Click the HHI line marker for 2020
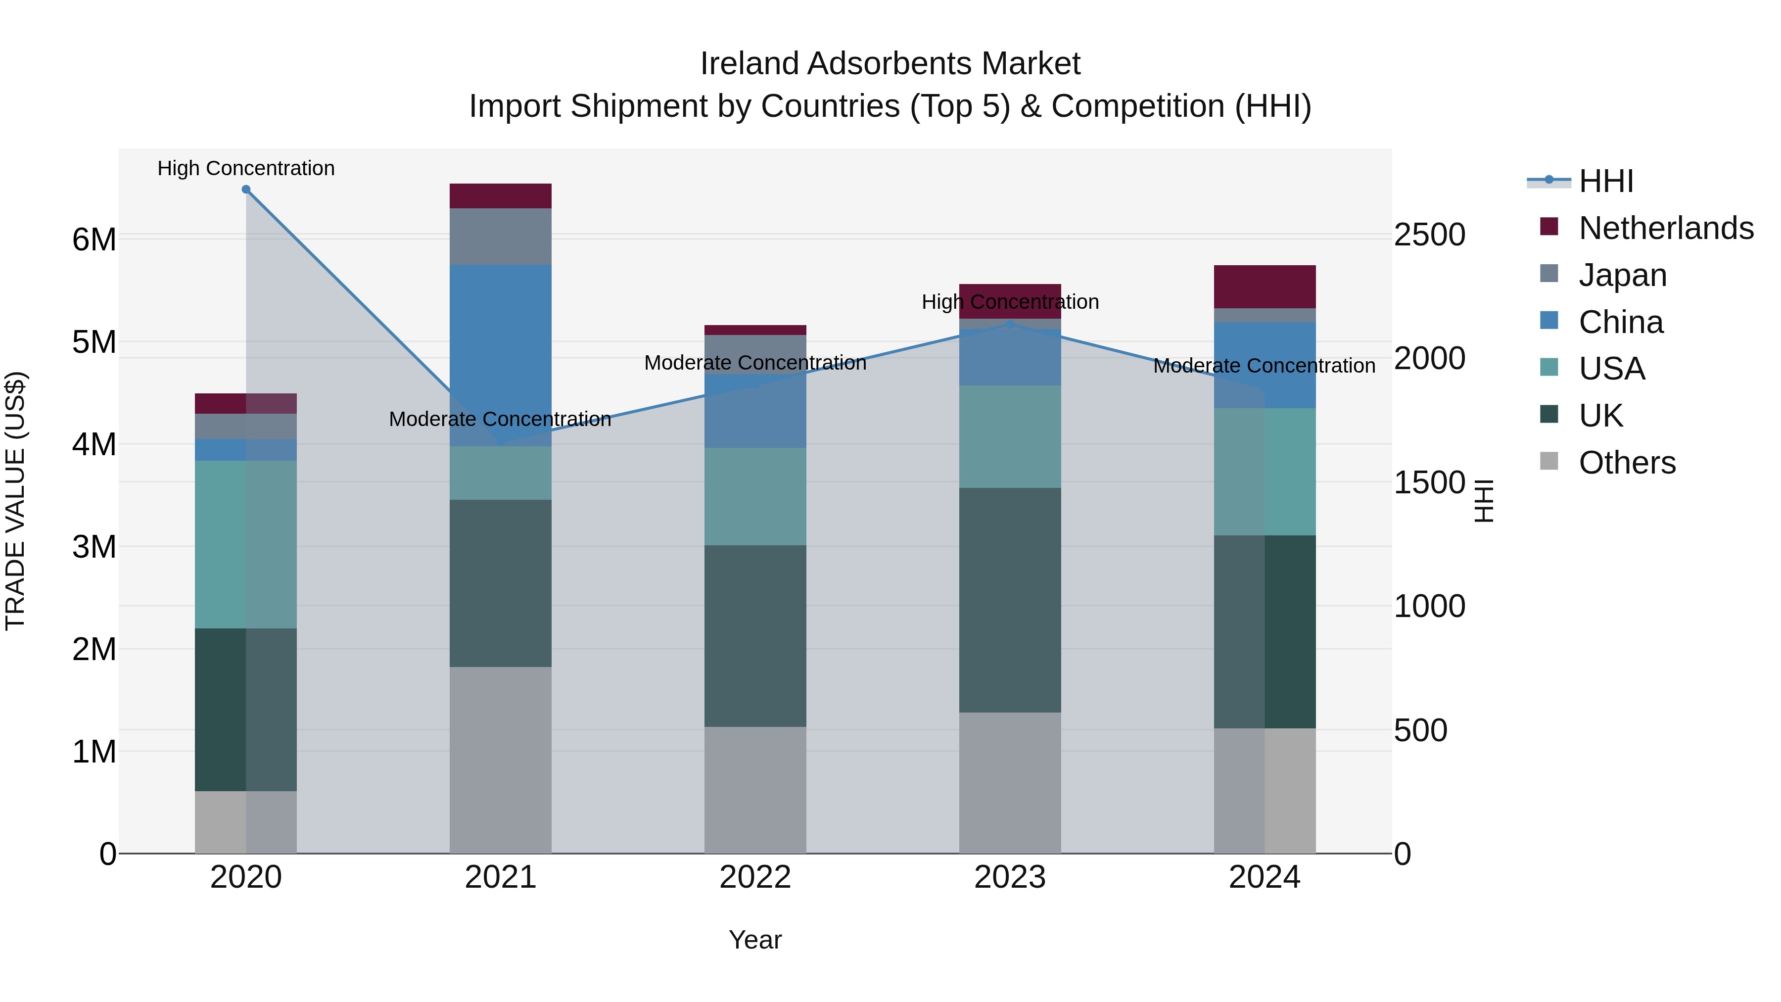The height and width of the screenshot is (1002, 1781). coord(246,190)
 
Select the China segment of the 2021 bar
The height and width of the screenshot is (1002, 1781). coord(501,355)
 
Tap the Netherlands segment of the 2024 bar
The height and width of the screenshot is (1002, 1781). coord(1265,286)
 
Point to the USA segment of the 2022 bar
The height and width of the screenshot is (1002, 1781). coord(755,496)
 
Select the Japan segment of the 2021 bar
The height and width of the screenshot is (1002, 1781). coord(501,237)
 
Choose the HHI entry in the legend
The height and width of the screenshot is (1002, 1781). coord(1605,181)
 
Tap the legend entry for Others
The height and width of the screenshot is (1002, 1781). coord(1626,463)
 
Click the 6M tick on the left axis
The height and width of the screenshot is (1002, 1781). coord(94,240)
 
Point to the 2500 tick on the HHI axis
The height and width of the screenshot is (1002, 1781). coord(1428,235)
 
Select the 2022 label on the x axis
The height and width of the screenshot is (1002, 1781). coord(755,877)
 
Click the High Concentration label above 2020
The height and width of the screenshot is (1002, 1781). coord(246,168)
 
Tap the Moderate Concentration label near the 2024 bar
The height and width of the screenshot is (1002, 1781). coord(1264,366)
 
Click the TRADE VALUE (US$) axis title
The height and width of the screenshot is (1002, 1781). coord(15,501)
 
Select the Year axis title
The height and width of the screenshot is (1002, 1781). coord(755,940)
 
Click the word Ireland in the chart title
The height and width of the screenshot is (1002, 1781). coord(750,64)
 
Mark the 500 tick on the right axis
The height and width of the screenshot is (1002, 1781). coord(1420,731)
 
